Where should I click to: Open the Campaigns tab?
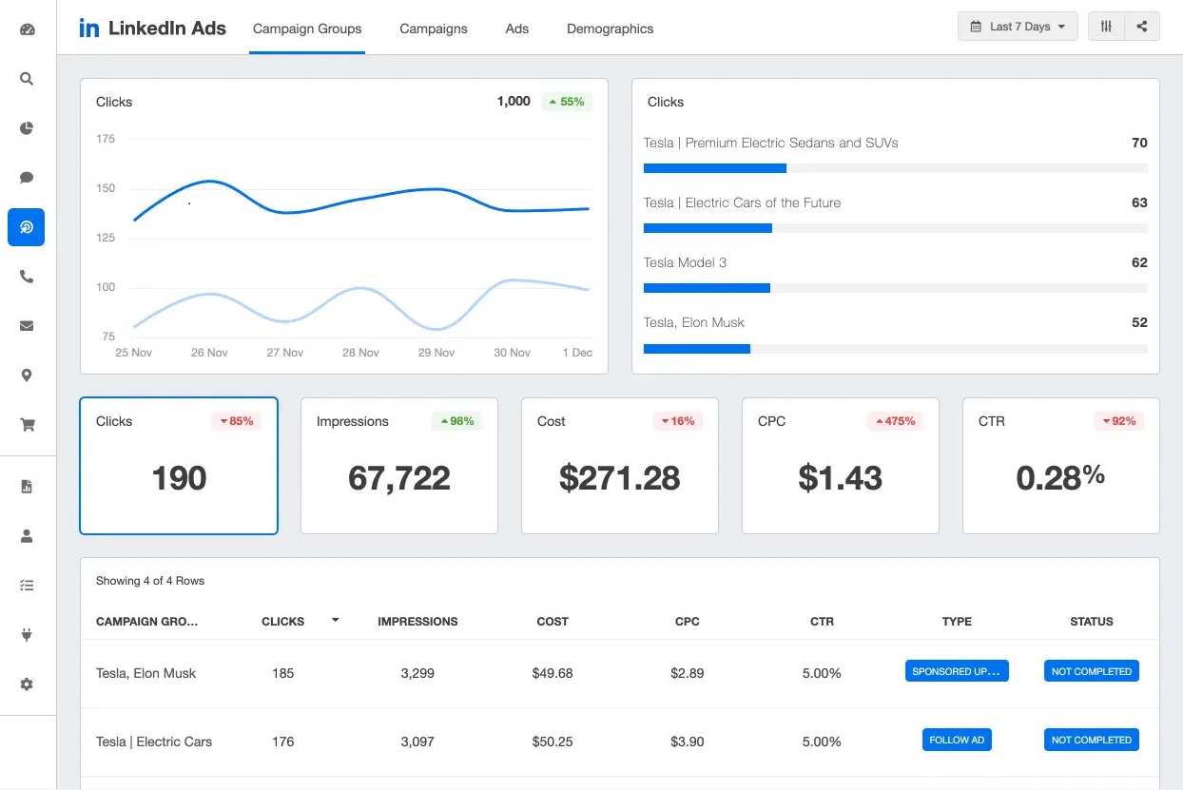click(433, 29)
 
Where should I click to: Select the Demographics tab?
click(610, 29)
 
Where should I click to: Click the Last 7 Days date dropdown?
click(1018, 27)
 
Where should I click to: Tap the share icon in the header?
click(1142, 27)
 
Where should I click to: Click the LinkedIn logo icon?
click(89, 28)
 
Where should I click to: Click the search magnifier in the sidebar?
click(27, 79)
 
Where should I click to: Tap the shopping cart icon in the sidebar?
click(27, 425)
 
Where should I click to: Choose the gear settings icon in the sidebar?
click(27, 684)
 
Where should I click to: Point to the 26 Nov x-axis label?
click(209, 353)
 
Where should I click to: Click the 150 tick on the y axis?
click(106, 188)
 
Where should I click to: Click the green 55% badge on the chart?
click(567, 102)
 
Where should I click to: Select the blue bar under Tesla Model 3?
click(707, 288)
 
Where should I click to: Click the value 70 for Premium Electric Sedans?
click(1139, 143)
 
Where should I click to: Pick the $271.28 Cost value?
click(619, 478)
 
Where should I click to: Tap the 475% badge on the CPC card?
click(894, 421)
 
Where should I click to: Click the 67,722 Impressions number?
click(398, 478)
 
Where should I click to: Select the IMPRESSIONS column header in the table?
click(417, 622)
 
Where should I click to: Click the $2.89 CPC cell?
click(687, 673)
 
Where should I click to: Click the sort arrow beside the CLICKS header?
click(335, 620)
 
